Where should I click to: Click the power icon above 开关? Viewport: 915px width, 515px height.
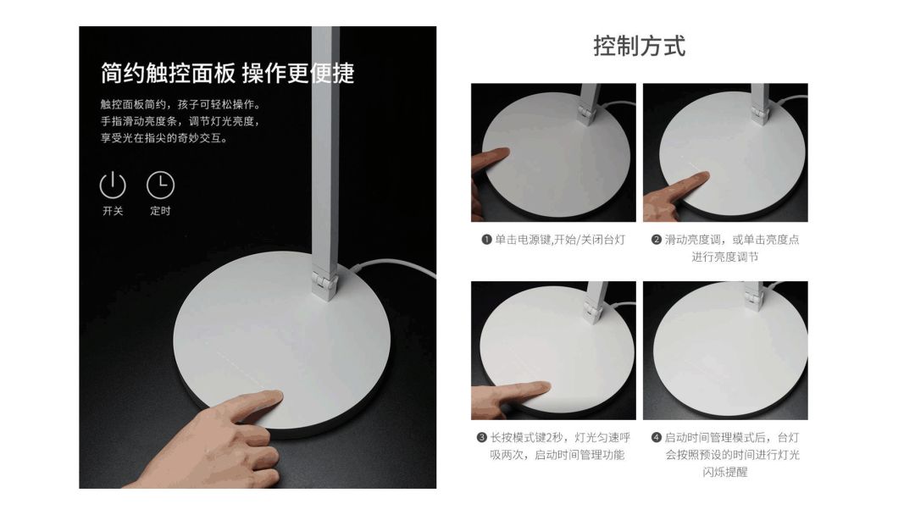[113, 186]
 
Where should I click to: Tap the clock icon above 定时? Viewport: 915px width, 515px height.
[160, 185]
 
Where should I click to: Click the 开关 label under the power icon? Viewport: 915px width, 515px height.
[113, 211]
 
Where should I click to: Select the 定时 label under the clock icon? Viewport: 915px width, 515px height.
[160, 211]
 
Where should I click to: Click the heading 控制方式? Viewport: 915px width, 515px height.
[640, 46]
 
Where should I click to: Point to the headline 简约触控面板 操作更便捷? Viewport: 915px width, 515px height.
[228, 74]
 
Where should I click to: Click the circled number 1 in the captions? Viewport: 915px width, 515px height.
[486, 240]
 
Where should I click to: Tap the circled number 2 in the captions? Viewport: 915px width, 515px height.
[657, 240]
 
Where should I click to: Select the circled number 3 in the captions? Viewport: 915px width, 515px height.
[482, 437]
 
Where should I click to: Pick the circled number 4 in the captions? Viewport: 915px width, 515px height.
[657, 437]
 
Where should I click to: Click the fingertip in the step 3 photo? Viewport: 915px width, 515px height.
[543, 387]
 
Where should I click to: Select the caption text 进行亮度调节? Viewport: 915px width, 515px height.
[725, 257]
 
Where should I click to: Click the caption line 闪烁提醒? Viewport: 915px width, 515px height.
[725, 473]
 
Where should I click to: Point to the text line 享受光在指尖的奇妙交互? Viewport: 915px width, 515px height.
[164, 138]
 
